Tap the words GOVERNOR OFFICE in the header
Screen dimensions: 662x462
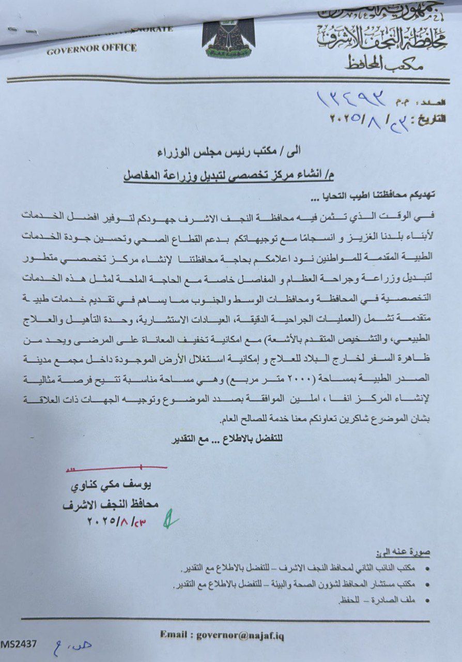tap(91, 49)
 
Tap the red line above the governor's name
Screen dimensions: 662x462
tap(116, 469)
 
